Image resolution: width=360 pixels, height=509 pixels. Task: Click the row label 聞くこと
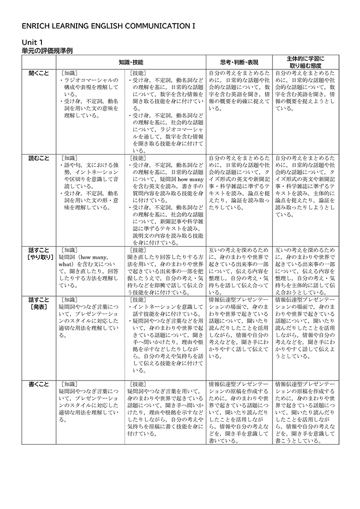point(38,73)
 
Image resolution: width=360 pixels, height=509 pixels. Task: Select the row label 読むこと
point(38,158)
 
